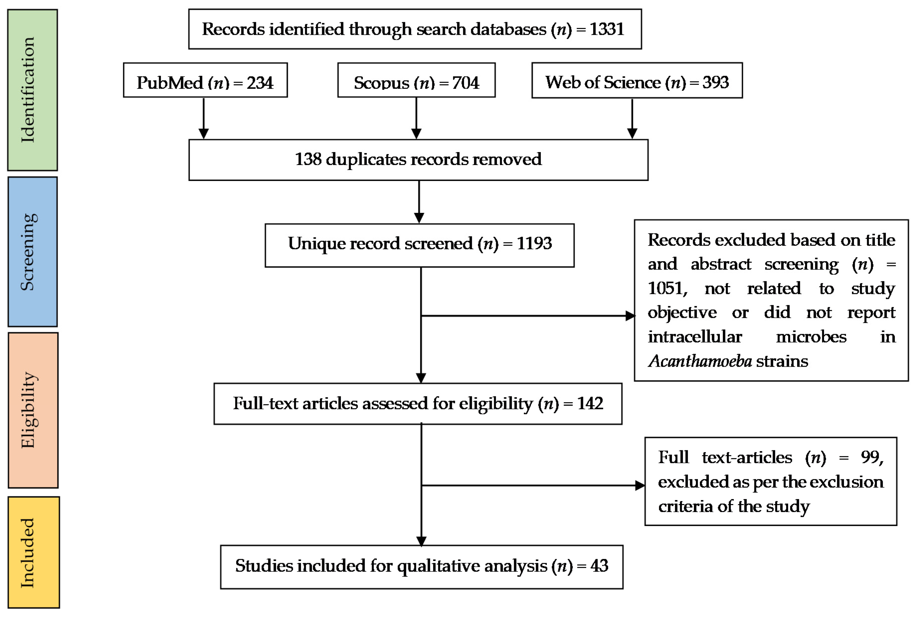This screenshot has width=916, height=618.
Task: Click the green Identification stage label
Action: [x=32, y=90]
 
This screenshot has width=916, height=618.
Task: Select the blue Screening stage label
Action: [x=32, y=252]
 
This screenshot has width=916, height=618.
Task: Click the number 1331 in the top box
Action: [x=606, y=29]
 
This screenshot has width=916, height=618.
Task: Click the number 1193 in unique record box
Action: [x=534, y=243]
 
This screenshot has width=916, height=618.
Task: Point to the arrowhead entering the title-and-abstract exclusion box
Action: [x=630, y=316]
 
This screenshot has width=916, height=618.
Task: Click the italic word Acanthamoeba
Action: [x=700, y=361]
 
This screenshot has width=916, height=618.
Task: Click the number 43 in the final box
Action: [x=599, y=566]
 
